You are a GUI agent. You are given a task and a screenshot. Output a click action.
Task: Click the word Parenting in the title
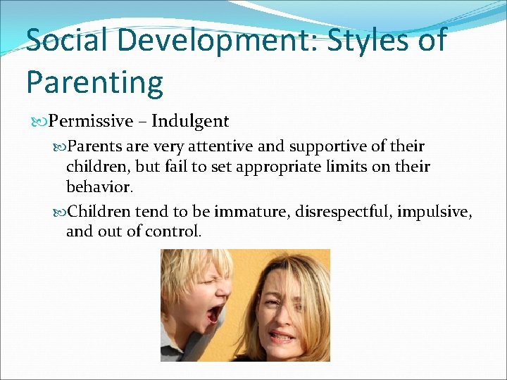coord(94,82)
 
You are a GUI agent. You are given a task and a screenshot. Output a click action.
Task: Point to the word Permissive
coord(91,122)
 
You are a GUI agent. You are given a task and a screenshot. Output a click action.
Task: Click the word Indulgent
coord(190,122)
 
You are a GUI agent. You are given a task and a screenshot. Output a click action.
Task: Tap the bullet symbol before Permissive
coord(41,122)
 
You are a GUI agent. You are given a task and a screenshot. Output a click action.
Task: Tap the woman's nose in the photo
coord(275,315)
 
